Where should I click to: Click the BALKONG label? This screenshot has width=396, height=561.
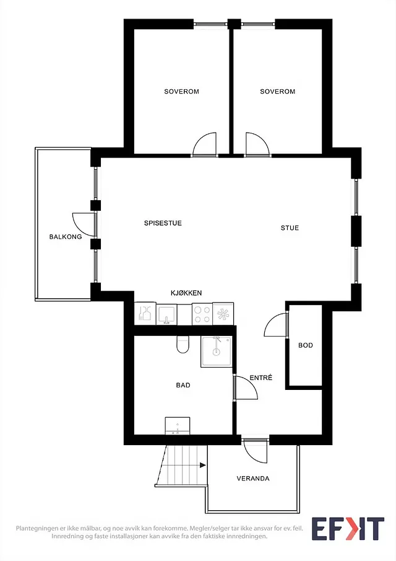pos(66,237)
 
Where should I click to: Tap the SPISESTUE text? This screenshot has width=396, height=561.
pos(163,223)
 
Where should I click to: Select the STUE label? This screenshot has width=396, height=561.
pos(290,228)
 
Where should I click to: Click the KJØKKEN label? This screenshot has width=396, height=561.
pos(186,293)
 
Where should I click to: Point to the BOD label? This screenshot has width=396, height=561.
pos(306,345)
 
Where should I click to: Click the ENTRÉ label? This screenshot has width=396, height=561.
pos(260,378)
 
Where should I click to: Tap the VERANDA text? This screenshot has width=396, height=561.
pos(253,479)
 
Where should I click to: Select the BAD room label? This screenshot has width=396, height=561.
pos(183,386)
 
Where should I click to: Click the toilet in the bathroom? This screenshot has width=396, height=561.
pos(183,345)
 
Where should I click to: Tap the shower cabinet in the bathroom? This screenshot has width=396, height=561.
pos(217,351)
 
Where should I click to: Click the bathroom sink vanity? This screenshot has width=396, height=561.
pos(178,426)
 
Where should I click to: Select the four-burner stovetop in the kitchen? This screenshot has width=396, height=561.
pos(202,314)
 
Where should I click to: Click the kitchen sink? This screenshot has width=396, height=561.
pos(166,314)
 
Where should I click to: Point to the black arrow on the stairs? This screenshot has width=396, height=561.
pos(203,465)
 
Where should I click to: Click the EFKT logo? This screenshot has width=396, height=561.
pos(348,529)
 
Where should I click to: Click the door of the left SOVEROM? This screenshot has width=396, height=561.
pos(205,144)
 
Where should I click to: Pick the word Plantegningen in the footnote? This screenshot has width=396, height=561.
pos(35,528)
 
